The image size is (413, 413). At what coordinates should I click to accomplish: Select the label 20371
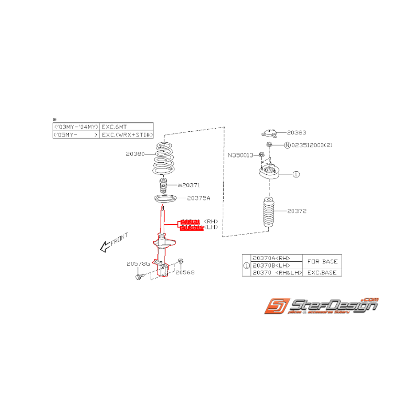tap(192, 185)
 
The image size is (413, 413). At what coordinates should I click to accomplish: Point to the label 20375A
tap(198, 198)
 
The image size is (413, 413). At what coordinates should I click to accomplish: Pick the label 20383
tap(296, 132)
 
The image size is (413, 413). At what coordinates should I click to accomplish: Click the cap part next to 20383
tap(269, 133)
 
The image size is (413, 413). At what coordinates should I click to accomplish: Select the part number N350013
tap(240, 155)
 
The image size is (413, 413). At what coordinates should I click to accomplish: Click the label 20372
tap(296, 211)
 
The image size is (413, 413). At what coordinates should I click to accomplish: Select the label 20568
tap(185, 272)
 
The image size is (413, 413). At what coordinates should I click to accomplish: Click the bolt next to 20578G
tap(139, 277)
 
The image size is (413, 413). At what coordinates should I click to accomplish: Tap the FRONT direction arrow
tap(106, 247)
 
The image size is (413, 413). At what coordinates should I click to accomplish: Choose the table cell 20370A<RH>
tap(271, 258)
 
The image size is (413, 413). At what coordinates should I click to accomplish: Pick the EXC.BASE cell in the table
tap(322, 272)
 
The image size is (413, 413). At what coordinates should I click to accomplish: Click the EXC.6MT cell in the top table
tap(114, 126)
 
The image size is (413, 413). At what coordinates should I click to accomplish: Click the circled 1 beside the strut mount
tap(296, 174)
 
